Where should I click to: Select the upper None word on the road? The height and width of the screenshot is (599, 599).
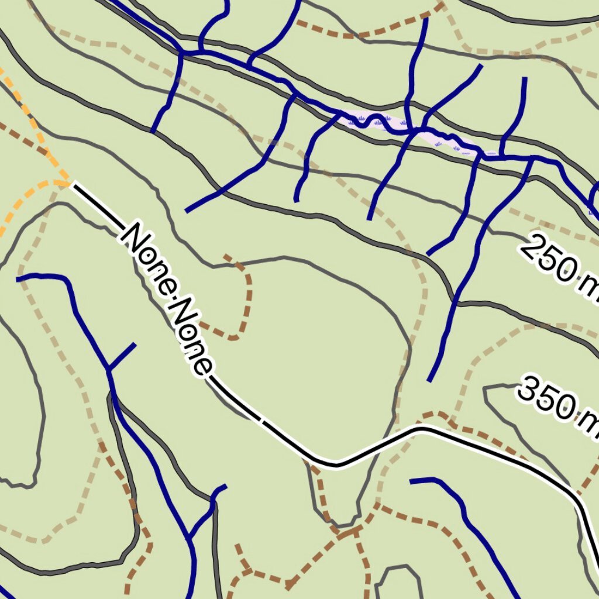coord(149,257)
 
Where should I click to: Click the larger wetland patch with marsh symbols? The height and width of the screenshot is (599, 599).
coord(374,121)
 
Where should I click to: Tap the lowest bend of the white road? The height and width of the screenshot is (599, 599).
coord(336,465)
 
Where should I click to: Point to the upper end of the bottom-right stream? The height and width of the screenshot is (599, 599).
coord(412,481)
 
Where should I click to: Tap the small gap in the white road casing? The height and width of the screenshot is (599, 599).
coord(261,420)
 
